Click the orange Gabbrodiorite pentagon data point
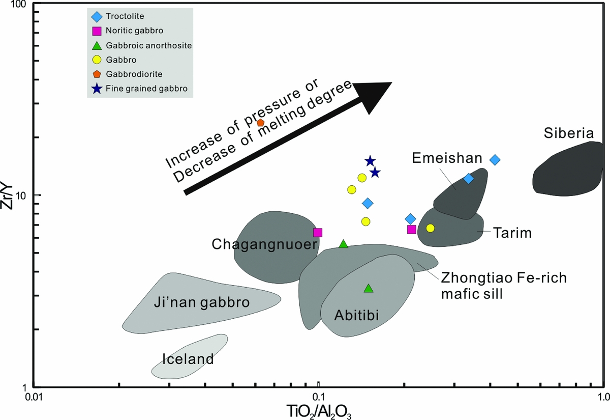click(260, 123)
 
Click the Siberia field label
click(568, 134)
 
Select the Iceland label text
click(188, 359)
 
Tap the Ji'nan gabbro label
click(201, 303)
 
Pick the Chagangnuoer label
click(265, 245)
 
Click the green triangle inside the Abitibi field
click(369, 289)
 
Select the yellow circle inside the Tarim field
click(431, 228)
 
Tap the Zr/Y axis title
click(9, 195)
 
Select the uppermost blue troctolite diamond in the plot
click(495, 160)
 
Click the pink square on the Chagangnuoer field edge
click(318, 233)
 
